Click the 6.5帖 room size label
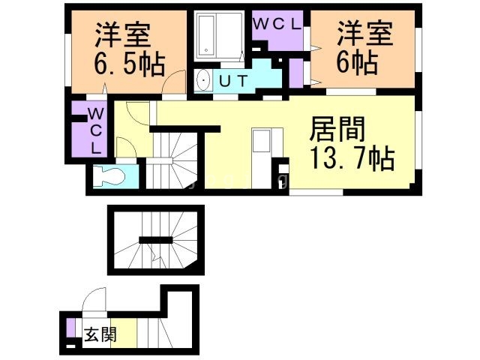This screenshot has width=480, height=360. [x=130, y=64]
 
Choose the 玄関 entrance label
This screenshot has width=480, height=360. [x=100, y=334]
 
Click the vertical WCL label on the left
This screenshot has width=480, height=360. [x=95, y=131]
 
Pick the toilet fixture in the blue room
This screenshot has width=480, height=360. [x=110, y=178]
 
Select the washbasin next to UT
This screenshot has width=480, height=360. [x=202, y=82]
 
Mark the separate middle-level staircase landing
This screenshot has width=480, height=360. [x=155, y=239]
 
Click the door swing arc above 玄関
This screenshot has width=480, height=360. [x=93, y=304]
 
